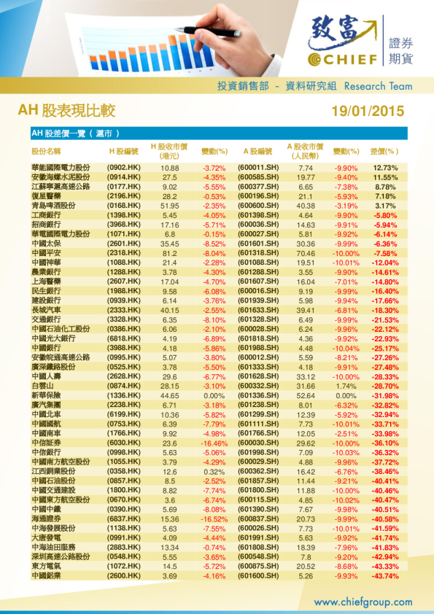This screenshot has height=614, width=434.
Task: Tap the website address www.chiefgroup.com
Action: [363, 602]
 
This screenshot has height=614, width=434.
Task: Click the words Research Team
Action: [378, 86]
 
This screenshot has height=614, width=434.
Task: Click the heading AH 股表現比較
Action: [66, 111]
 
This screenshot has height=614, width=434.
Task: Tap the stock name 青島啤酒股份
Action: [56, 206]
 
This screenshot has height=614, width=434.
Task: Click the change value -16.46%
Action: [214, 443]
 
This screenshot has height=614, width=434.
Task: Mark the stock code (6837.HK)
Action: [123, 518]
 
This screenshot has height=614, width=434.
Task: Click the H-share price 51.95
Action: [170, 206]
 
